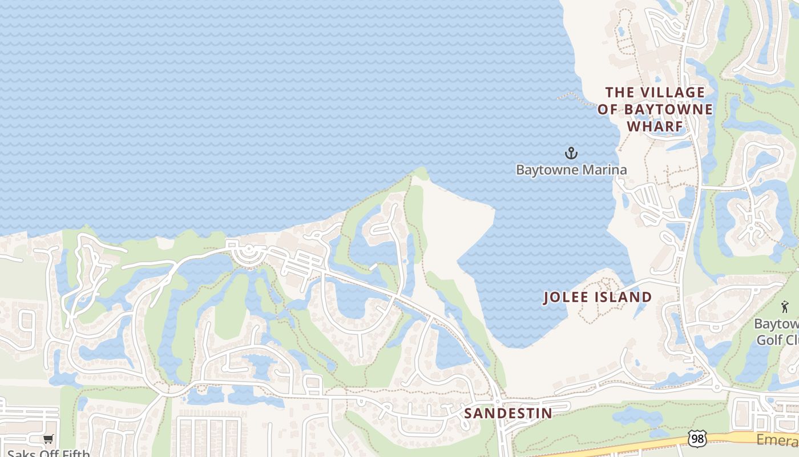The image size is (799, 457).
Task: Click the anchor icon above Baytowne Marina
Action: [571, 153]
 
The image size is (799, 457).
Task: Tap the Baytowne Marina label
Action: [571, 170]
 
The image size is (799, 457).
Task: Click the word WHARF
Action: [655, 126]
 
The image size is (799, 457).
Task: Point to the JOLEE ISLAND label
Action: [598, 297]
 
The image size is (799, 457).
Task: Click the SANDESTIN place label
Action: [508, 413]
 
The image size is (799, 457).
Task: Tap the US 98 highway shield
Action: [697, 438]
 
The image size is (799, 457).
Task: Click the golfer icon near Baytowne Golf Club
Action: [784, 307]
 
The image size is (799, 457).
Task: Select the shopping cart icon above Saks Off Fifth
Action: [49, 439]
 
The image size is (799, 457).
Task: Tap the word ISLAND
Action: [622, 297]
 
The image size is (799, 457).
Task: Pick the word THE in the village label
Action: [619, 92]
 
